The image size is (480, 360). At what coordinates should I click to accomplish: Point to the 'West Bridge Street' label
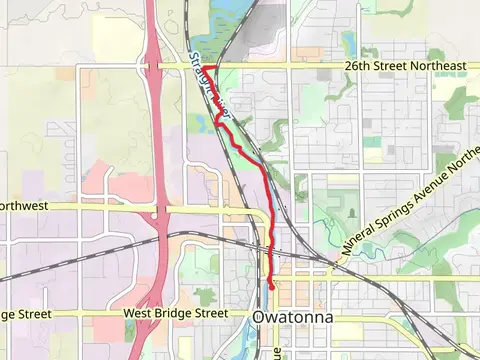tap(176, 313)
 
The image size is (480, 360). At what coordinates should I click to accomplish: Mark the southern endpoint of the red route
tap(272, 287)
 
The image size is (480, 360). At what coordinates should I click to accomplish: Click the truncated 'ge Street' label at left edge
tap(25, 313)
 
